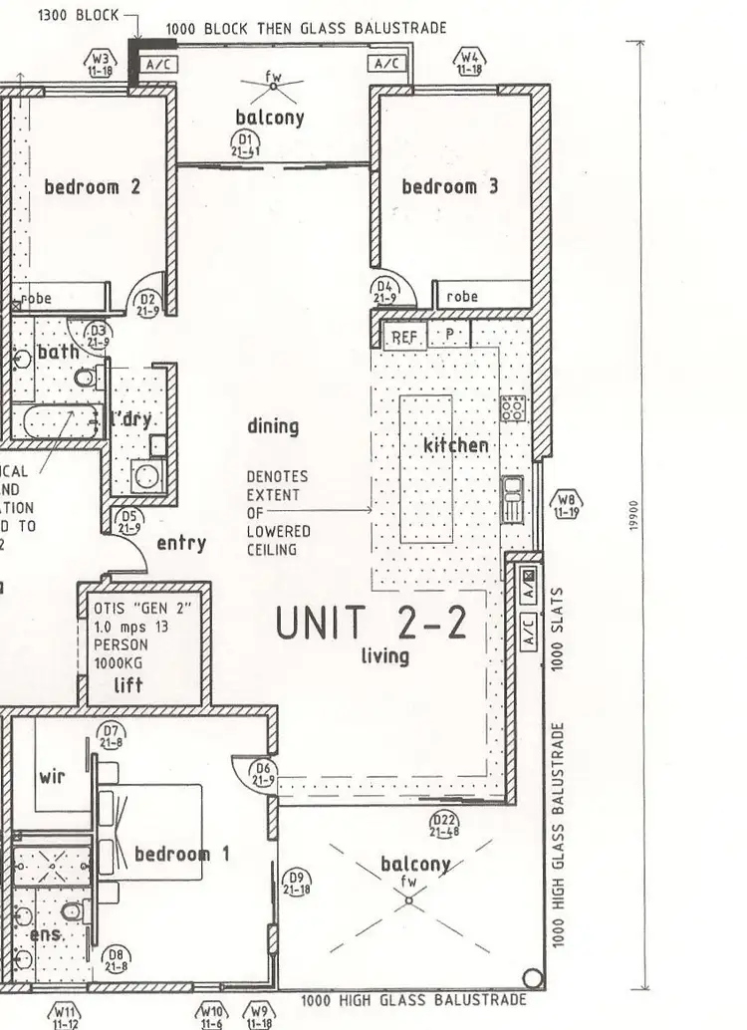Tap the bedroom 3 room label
coord(449,186)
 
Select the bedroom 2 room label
coord(93,186)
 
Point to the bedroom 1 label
coord(182,854)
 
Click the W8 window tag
coord(567,505)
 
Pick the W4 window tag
coord(469,63)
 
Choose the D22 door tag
coord(444,824)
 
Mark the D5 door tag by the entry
coord(128,522)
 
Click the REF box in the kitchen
coord(403,338)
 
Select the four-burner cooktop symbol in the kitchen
coord(513,408)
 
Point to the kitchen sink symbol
coord(513,497)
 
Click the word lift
coord(127,684)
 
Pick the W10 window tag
coord(211,1014)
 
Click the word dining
coord(273,426)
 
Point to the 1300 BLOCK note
coord(78,16)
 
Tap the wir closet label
coord(52,776)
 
